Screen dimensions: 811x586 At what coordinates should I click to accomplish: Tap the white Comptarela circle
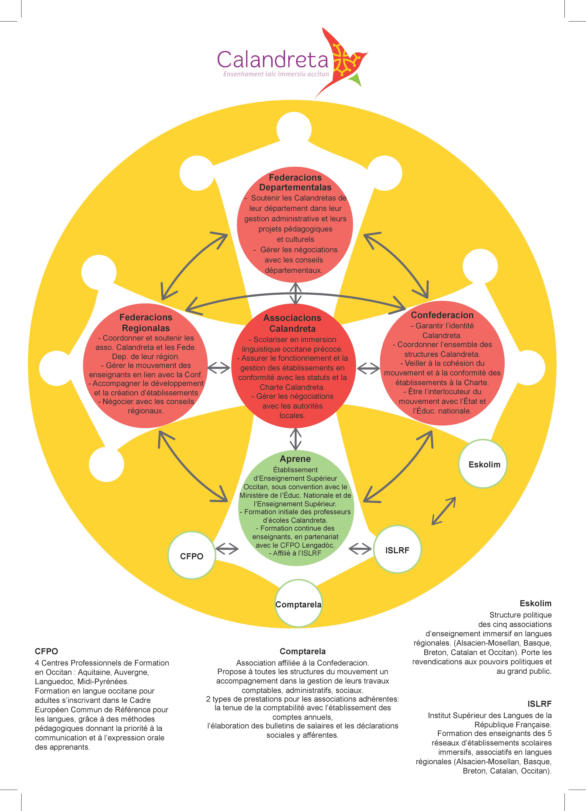(298, 605)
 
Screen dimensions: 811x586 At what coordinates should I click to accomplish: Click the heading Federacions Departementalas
(295, 182)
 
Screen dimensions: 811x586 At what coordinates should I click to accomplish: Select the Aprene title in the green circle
(295, 459)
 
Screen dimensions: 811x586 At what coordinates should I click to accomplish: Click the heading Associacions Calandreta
(292, 323)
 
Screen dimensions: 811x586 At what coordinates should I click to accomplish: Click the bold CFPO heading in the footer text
(46, 651)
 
